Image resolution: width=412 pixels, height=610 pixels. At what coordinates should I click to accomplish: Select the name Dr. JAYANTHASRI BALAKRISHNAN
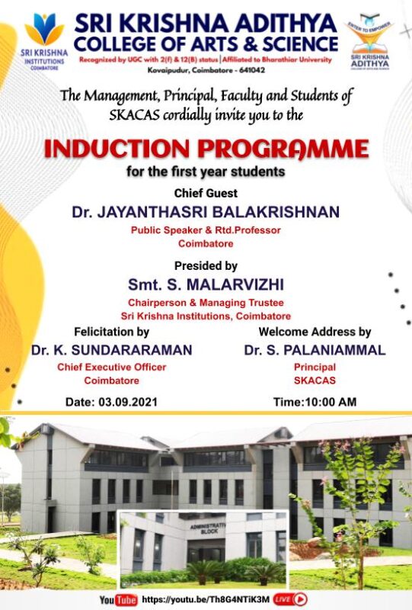click(x=206, y=212)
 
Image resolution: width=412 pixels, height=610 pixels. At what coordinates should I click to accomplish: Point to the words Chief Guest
click(x=206, y=193)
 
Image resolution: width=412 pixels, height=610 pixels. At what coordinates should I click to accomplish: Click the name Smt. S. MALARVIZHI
click(x=206, y=284)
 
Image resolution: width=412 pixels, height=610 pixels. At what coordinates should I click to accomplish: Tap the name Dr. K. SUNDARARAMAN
click(x=111, y=350)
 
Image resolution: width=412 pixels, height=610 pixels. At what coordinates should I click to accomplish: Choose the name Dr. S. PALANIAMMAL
click(x=315, y=350)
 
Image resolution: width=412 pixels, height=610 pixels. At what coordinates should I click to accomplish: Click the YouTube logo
click(x=118, y=600)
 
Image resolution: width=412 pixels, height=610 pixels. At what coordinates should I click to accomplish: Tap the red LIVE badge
click(x=284, y=599)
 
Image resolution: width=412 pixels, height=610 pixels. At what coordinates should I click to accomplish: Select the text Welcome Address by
click(x=315, y=332)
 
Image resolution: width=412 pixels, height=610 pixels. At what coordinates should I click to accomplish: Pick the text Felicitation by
click(x=111, y=332)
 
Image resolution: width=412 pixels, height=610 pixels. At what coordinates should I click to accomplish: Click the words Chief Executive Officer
click(x=111, y=367)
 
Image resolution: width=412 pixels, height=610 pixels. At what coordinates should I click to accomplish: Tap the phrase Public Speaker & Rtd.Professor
click(x=206, y=230)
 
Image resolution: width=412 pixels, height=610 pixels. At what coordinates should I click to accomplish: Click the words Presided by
click(x=206, y=266)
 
